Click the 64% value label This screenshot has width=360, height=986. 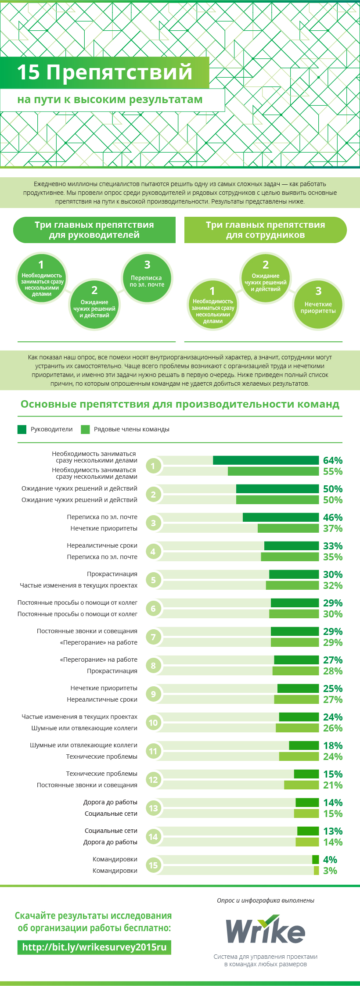[x=332, y=460]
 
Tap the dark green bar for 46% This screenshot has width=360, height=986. [x=281, y=517]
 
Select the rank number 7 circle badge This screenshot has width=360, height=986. [x=153, y=637]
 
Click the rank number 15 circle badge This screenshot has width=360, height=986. [x=153, y=865]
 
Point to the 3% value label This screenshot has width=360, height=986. [x=330, y=871]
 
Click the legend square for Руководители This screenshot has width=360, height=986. [x=22, y=429]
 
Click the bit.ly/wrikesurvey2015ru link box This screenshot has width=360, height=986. [x=94, y=947]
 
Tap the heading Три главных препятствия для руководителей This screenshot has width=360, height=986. [x=94, y=230]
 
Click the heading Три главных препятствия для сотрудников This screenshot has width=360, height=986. [x=265, y=230]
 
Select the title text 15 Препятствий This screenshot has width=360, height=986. [x=104, y=72]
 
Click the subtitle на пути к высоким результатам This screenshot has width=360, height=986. [x=110, y=100]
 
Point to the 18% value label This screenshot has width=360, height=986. [x=332, y=746]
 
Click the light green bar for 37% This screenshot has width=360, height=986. [x=288, y=528]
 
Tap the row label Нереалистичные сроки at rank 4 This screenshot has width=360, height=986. [x=102, y=545]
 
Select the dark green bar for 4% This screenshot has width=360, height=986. [x=315, y=860]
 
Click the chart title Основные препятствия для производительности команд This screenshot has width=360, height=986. [x=180, y=404]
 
